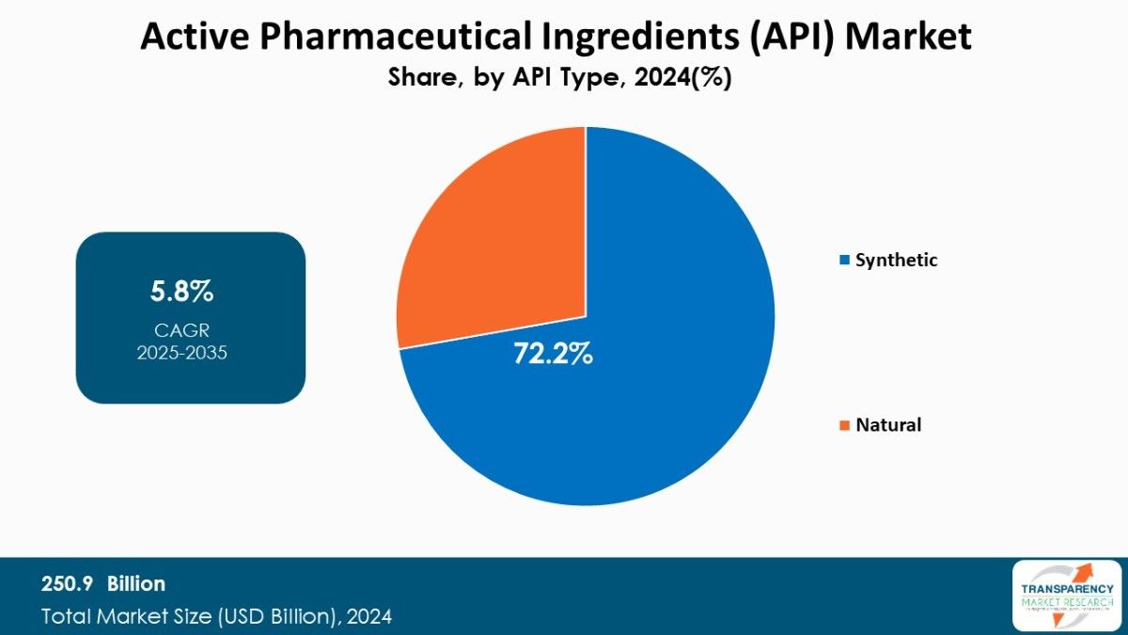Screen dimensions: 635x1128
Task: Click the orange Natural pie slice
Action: coord(498,235)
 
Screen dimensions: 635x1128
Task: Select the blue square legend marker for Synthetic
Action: coord(845,261)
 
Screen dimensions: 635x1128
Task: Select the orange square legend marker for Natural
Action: coord(845,425)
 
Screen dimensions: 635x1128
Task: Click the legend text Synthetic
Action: coord(896,261)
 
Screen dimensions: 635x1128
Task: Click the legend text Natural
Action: coord(888,425)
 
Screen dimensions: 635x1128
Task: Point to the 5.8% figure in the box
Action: coord(182,292)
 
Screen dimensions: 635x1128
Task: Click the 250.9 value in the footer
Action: coord(66,584)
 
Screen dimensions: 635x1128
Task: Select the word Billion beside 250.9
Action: coord(135,584)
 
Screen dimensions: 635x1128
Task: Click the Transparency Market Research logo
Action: coord(1067,595)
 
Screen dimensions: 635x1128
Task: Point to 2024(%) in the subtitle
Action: coord(683,79)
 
